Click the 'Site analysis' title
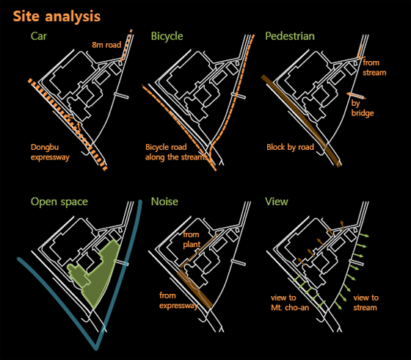tap(57, 17)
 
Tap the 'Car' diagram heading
tap(38, 36)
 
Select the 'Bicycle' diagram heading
tap(167, 36)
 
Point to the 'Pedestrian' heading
tap(290, 36)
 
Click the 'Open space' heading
tap(59, 202)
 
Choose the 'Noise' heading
tap(164, 201)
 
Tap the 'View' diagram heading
tap(277, 201)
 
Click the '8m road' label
tap(106, 45)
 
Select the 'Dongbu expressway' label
tap(50, 152)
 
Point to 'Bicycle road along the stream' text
tap(176, 152)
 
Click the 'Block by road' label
tap(290, 147)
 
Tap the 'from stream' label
tap(374, 68)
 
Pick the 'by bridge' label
tap(363, 108)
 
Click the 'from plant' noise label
tap(192, 240)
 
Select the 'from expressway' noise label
tap(178, 300)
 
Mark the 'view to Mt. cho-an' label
tap(290, 303)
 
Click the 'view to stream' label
tap(365, 303)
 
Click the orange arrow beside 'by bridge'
tap(356, 96)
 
